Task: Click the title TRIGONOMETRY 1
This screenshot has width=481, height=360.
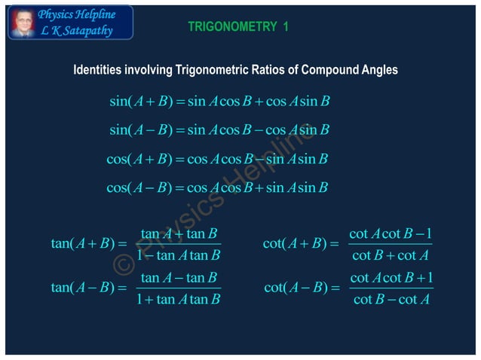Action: pos(238,27)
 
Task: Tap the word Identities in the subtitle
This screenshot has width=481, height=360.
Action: pos(97,70)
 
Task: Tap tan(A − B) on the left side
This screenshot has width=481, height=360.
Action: pos(81,288)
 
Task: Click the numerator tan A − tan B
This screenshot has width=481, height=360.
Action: pos(179,277)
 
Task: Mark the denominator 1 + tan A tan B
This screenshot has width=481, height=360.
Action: pos(179,300)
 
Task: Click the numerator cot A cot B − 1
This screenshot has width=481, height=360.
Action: pos(391,233)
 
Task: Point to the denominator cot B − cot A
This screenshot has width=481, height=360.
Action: pos(391,300)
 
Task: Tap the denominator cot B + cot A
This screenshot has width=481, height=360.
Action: pos(391,255)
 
